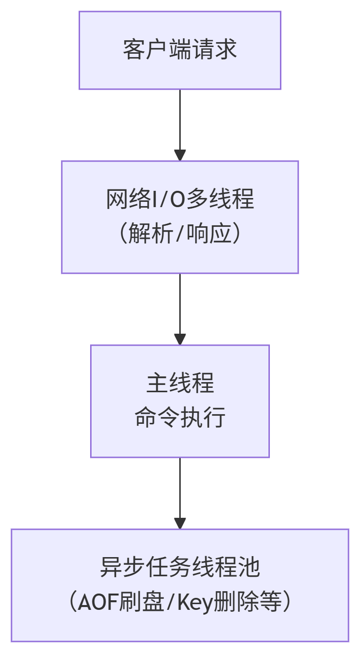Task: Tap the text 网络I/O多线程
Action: pyautogui.click(x=180, y=199)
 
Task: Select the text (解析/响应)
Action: pyautogui.click(x=180, y=234)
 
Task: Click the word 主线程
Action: pyautogui.click(x=180, y=384)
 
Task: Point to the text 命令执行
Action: pyautogui.click(x=180, y=418)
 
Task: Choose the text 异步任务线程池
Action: pyautogui.click(x=180, y=568)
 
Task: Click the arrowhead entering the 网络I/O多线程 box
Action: pyautogui.click(x=180, y=155)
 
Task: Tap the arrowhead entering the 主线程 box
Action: pyautogui.click(x=180, y=339)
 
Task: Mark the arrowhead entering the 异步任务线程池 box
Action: pyautogui.click(x=180, y=524)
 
